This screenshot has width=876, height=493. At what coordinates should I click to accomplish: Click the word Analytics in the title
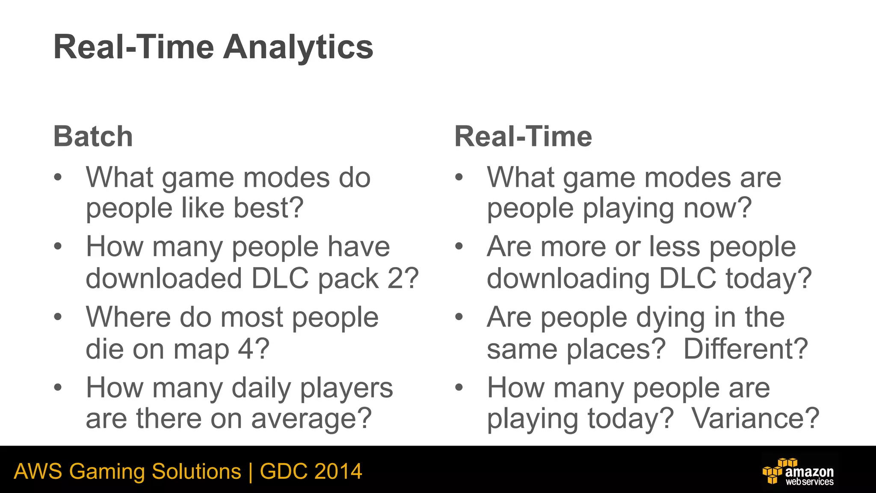(x=298, y=47)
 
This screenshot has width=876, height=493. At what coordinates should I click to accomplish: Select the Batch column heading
(x=93, y=137)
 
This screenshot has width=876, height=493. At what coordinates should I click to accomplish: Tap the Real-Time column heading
(x=523, y=137)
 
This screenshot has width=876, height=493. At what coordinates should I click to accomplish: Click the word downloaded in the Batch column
(x=164, y=279)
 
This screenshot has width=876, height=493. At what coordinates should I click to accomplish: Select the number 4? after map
(x=254, y=349)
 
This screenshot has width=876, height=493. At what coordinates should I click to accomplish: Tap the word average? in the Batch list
(x=311, y=419)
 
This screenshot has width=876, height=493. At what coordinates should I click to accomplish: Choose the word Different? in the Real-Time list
(x=746, y=349)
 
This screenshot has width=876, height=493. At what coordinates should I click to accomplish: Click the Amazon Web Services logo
(x=798, y=472)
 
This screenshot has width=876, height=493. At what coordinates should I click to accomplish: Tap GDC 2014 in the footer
(x=311, y=472)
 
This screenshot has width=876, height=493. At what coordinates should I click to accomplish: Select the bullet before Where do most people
(x=58, y=317)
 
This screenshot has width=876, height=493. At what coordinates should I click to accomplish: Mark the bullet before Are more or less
(x=459, y=246)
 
